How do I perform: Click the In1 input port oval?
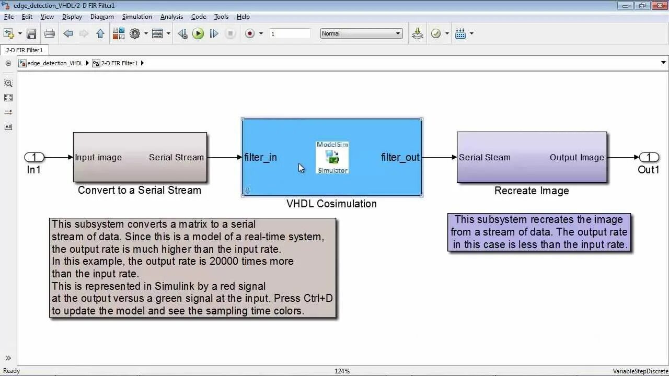coord(34,157)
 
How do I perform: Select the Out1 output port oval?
coord(649,157)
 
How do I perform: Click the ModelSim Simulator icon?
coord(332,157)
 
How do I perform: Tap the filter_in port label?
coord(260,157)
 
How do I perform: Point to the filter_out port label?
coord(400,157)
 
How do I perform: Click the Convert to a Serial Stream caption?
coord(140,190)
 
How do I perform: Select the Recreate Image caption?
coord(532,191)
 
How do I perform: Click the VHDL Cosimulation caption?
coord(331,204)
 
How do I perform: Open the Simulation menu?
coord(137,17)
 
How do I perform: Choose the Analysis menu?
coord(171,17)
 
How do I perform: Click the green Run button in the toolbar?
coord(198,33)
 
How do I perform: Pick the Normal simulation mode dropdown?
coord(361,33)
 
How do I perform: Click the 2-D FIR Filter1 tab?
coord(25,50)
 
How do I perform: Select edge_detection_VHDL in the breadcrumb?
coord(55,63)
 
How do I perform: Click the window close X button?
coord(658,5)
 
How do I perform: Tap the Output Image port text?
coord(576,157)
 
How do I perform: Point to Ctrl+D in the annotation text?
coord(318,298)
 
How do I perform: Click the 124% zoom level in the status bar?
coord(342,371)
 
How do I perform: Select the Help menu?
coord(243,17)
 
